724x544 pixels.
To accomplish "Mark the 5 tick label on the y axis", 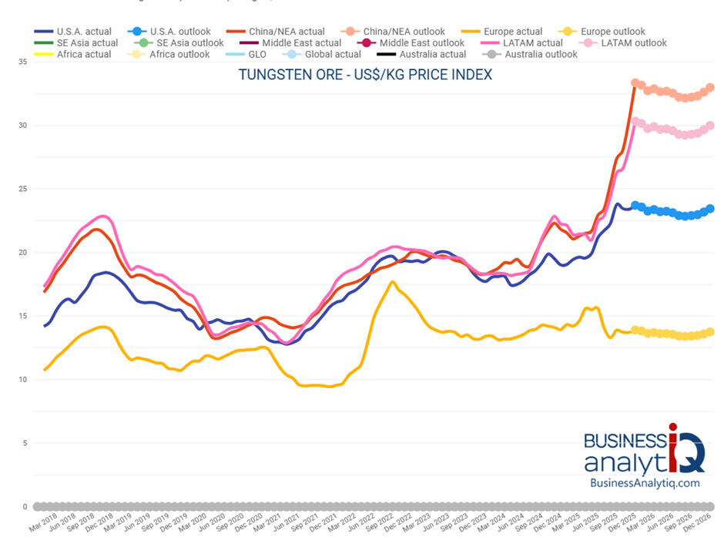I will point(24,443).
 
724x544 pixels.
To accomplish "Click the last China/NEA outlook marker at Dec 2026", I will point(710,88).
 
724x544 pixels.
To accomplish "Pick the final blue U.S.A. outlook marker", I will point(710,209).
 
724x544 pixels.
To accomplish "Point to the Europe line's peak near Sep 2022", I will point(393,282).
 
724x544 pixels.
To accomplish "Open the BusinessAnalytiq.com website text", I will point(644,482).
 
